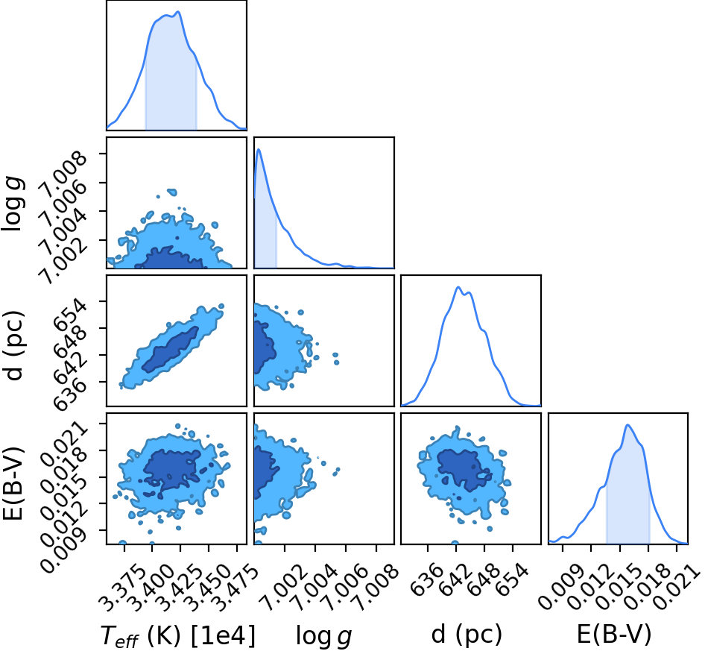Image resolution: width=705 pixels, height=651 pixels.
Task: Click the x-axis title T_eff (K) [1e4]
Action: click(x=177, y=635)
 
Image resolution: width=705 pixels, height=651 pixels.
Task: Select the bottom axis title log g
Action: click(x=323, y=635)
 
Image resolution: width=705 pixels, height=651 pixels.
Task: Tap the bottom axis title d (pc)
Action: click(x=467, y=635)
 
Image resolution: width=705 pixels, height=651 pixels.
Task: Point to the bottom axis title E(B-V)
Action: click(x=614, y=635)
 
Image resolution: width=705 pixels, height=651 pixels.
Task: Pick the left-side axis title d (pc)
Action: click(x=13, y=345)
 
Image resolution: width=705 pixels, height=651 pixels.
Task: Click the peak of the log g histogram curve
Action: click(x=259, y=149)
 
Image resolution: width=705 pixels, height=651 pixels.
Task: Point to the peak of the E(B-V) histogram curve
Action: click(x=627, y=425)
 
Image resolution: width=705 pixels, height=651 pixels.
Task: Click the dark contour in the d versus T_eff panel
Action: click(x=170, y=349)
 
